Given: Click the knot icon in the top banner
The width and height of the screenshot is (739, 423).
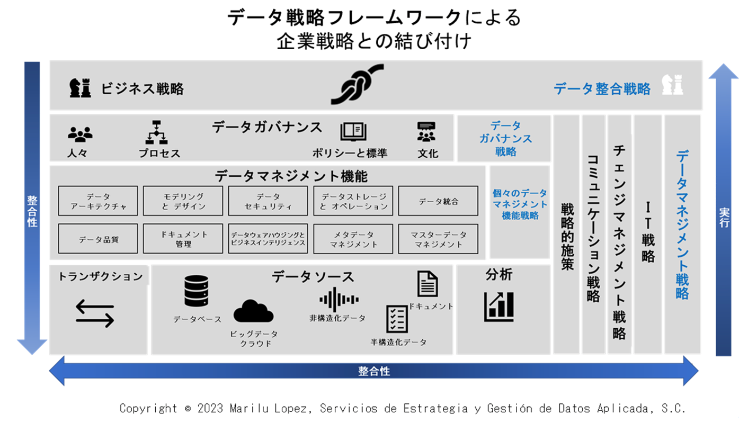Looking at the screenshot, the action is click(x=358, y=84).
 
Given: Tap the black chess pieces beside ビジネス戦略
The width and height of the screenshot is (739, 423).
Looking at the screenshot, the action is click(x=80, y=87).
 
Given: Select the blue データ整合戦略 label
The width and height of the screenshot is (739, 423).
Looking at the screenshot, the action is click(x=602, y=89).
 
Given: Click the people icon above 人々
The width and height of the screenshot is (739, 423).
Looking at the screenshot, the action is click(x=80, y=134).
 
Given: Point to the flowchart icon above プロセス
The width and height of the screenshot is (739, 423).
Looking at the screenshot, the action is click(x=156, y=132).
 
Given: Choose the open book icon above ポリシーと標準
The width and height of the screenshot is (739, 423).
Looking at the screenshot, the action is click(x=353, y=131).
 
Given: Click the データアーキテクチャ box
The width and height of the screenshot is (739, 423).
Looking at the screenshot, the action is click(x=98, y=201).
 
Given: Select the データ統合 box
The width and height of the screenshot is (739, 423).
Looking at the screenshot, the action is click(x=438, y=201).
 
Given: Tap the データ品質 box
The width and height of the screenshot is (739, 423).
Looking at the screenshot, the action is click(x=98, y=239).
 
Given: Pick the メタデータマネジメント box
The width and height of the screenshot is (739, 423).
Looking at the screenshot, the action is click(x=353, y=239).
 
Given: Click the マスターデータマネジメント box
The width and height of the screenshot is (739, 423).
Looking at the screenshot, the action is click(x=438, y=239).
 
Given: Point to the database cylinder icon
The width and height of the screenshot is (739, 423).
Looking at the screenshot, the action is click(x=197, y=291).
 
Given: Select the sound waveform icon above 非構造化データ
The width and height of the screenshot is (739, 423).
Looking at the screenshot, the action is click(x=339, y=299).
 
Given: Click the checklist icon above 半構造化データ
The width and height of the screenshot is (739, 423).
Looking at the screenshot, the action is click(x=397, y=319).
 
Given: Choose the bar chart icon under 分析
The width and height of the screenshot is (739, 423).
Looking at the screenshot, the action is click(x=499, y=307).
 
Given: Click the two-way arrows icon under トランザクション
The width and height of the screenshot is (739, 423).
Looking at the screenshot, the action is click(x=95, y=313).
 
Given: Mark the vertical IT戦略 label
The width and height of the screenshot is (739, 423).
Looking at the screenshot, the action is click(x=648, y=232).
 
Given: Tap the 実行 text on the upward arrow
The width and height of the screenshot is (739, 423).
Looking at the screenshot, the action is click(x=724, y=218).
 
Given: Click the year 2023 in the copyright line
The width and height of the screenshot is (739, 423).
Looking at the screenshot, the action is click(x=210, y=409).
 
